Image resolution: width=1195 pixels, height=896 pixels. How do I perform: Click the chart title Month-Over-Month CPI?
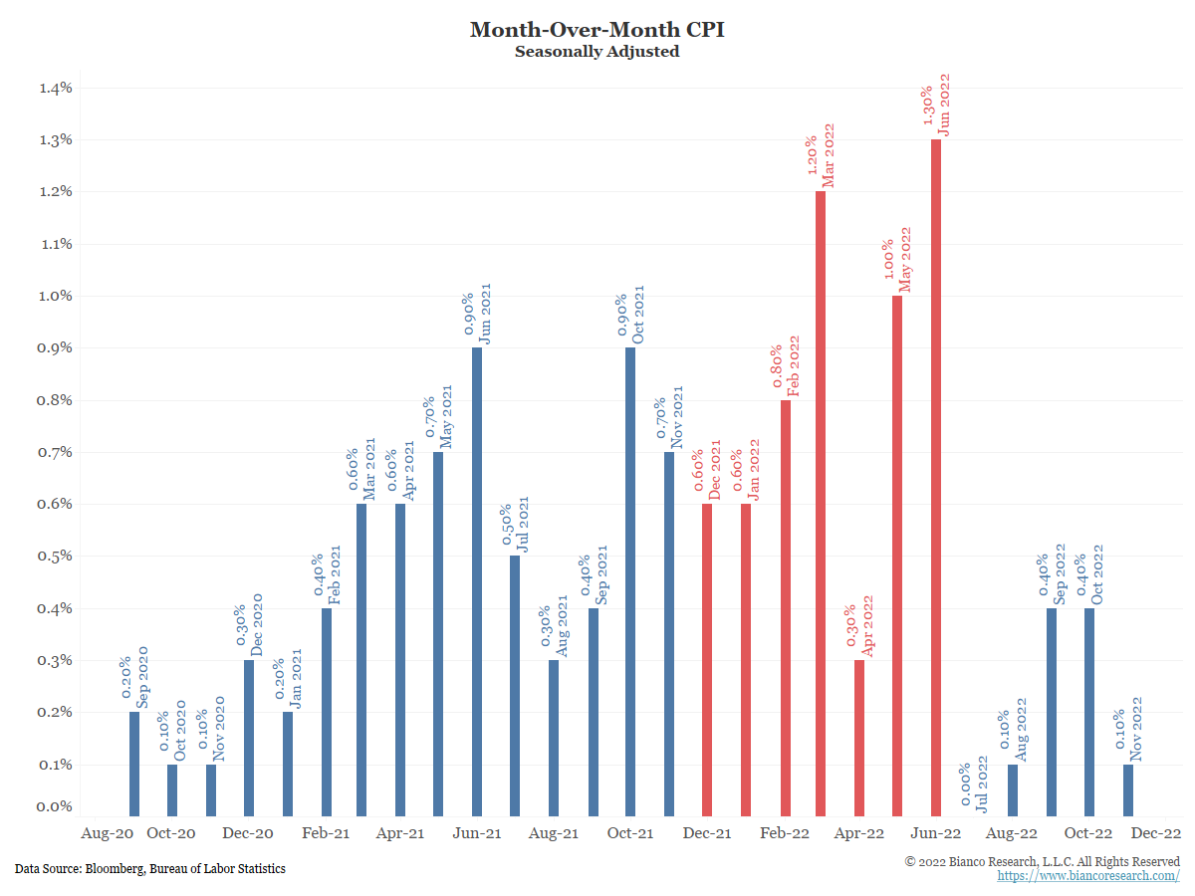tap(597, 29)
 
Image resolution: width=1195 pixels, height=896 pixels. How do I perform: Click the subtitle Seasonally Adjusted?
tap(597, 51)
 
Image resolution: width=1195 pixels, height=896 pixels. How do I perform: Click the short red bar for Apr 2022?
tap(859, 738)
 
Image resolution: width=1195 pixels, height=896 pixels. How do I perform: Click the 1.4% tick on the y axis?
tap(56, 88)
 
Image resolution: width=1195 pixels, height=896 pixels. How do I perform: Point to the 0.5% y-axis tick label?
tap(56, 556)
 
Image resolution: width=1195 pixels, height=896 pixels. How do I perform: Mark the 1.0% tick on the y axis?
tap(56, 296)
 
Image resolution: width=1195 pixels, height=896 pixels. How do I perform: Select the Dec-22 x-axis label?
tap(1156, 833)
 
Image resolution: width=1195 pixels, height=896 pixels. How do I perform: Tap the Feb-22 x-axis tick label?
tap(784, 833)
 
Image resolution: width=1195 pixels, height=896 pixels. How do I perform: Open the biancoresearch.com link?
tap(1088, 876)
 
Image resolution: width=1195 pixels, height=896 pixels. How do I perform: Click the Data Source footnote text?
tap(150, 869)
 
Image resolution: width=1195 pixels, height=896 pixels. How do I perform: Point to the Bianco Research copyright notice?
tap(1042, 860)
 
